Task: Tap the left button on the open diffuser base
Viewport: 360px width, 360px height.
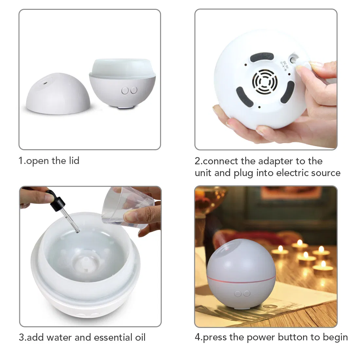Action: [125, 90]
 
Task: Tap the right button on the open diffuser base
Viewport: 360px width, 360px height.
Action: [133, 90]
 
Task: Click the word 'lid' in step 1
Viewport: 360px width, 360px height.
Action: [74, 161]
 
